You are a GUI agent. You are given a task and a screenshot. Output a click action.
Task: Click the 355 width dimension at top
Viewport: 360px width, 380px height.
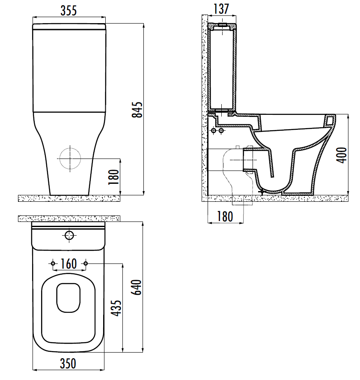[68, 11]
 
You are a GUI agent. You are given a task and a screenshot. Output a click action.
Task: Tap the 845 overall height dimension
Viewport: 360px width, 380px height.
[137, 110]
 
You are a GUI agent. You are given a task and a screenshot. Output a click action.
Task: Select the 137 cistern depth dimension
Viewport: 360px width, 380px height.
[221, 9]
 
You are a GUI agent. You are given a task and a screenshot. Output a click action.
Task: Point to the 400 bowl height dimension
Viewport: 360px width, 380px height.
[342, 155]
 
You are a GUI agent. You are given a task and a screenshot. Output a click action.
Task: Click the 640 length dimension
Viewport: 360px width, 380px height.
[137, 287]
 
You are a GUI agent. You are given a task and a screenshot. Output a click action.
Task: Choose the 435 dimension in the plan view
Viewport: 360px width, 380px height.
[117, 308]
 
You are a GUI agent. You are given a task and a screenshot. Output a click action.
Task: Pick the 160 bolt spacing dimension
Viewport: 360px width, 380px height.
[69, 264]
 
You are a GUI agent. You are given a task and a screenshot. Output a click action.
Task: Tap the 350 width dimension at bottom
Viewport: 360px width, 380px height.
[68, 364]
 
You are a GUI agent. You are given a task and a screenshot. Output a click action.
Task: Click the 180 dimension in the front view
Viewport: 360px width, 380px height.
[114, 177]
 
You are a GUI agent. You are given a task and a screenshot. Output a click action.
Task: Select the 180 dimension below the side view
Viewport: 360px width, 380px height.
[225, 216]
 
